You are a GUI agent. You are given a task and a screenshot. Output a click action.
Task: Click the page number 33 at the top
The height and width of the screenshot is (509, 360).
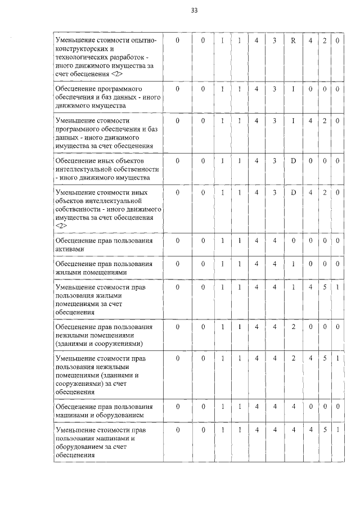click(x=195, y=11)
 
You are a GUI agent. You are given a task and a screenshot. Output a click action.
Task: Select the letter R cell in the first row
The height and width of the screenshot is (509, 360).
click(x=293, y=41)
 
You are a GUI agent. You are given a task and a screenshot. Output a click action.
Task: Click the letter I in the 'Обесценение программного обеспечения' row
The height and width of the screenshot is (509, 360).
click(x=293, y=89)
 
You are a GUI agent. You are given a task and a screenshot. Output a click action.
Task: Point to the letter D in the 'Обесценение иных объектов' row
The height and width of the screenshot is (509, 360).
click(x=293, y=161)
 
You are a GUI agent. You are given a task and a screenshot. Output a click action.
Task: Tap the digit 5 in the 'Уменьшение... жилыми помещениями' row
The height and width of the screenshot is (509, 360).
click(x=325, y=287)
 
